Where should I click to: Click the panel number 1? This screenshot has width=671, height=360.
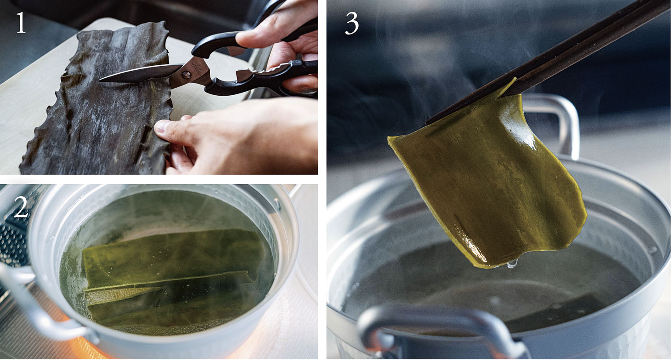pyautogui.click(x=21, y=22)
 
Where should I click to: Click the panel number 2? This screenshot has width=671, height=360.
pyautogui.click(x=21, y=207)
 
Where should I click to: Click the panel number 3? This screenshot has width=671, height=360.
pyautogui.click(x=352, y=24)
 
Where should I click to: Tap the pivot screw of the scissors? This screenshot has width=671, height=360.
pyautogui.click(x=187, y=74)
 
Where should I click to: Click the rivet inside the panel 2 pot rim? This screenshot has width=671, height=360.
pyautogui.click(x=276, y=204)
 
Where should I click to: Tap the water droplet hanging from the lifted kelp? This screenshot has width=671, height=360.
pyautogui.click(x=512, y=263)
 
